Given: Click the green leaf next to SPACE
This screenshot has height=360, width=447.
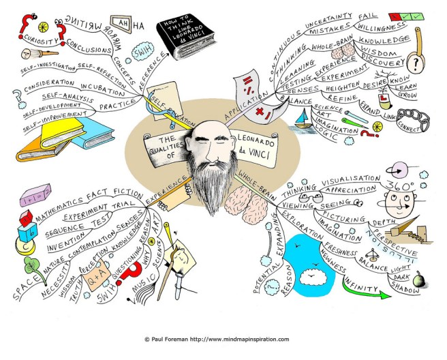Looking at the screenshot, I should pos(30,265).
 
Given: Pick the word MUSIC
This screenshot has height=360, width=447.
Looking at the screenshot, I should pos(134,292).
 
